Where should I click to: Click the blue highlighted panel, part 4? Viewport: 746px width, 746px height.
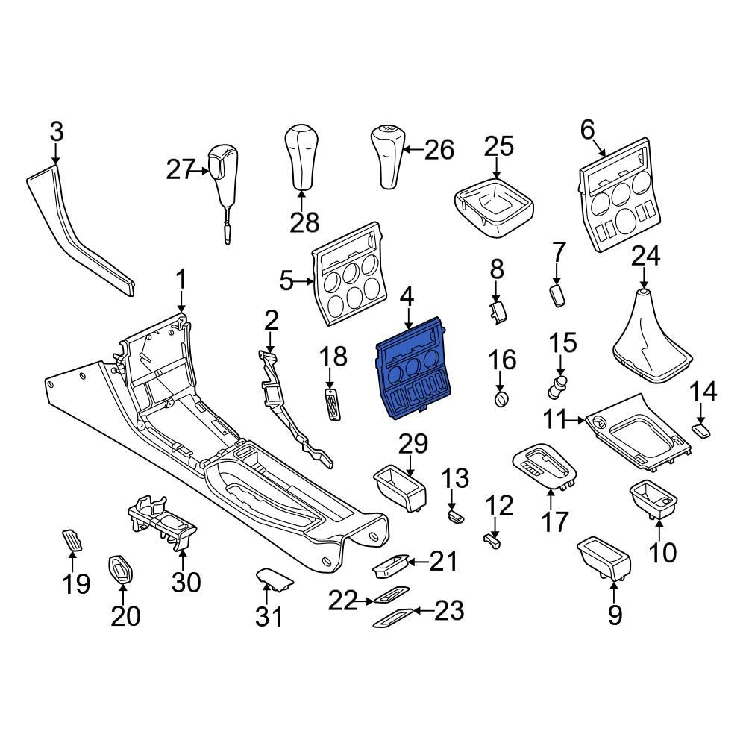click(412, 369)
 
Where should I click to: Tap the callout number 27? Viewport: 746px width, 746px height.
click(181, 170)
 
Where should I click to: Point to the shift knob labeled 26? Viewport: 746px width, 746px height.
click(388, 156)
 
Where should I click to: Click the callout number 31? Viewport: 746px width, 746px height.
click(269, 617)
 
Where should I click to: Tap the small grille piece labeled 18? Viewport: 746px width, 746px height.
click(332, 404)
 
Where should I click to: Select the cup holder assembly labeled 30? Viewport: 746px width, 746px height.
click(162, 521)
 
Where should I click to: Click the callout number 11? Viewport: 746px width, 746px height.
click(557, 420)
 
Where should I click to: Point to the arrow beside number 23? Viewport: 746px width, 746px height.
click(424, 610)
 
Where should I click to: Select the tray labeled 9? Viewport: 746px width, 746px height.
click(604, 559)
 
